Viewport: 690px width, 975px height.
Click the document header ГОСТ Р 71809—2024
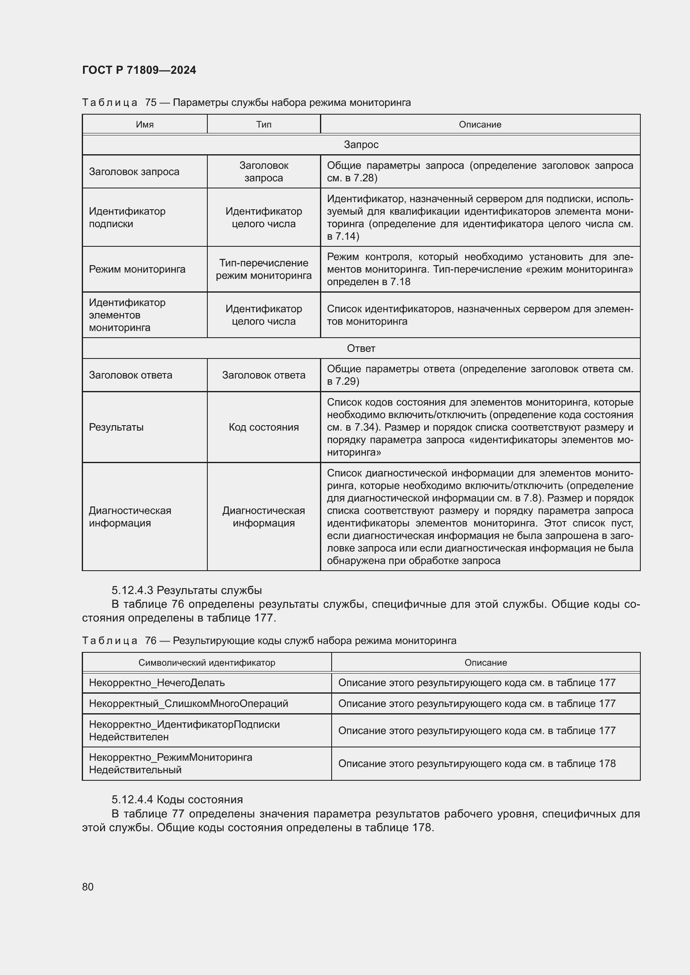139,70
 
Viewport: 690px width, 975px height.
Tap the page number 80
88,887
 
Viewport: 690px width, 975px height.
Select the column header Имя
145,124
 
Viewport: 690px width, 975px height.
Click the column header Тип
263,124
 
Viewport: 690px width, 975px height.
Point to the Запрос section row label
361,145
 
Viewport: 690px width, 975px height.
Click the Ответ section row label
361,348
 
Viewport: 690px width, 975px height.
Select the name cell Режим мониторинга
137,269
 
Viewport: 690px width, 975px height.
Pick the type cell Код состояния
263,427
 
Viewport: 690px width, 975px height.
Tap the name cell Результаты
116,427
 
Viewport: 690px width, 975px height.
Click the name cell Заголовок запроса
134,172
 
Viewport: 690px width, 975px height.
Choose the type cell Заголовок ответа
263,375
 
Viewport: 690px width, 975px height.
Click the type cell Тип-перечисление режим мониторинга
263,269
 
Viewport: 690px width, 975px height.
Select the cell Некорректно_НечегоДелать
157,682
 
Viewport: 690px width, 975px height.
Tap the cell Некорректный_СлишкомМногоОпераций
188,703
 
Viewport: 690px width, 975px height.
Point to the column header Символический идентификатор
206,662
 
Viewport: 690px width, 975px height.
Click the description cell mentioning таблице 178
477,764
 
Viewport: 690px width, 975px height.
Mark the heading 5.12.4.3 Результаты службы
186,590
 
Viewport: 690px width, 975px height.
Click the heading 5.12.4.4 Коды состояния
177,800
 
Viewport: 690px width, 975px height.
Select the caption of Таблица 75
247,103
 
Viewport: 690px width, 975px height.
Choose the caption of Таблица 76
269,640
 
